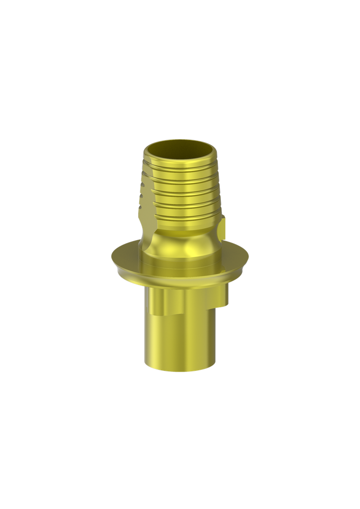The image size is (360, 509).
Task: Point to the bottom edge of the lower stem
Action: click(180, 370)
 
